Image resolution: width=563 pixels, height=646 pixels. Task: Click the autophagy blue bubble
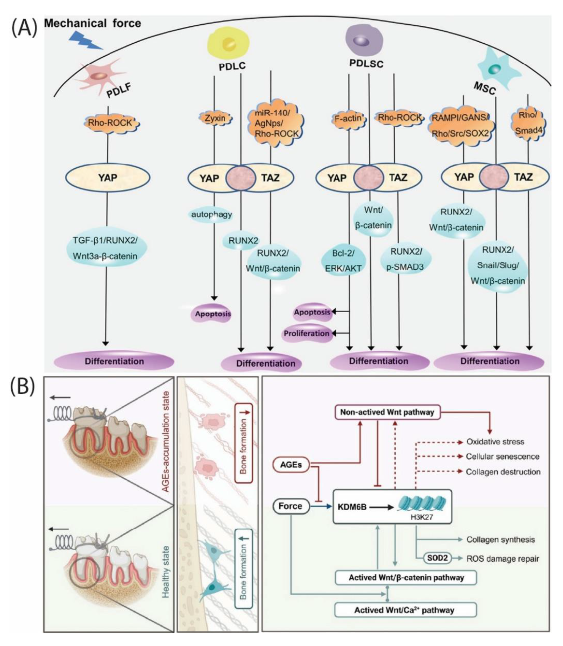(x=212, y=215)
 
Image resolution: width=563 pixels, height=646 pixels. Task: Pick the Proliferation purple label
(x=307, y=333)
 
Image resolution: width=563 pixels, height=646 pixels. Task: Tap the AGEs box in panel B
(x=291, y=465)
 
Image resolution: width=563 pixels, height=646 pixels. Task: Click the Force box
(x=290, y=506)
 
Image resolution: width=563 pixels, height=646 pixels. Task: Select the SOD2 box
(x=437, y=558)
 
